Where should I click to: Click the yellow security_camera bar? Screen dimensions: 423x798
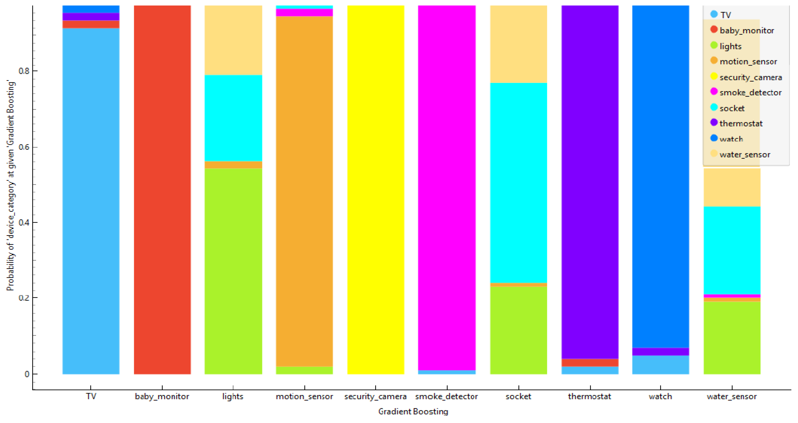pyautogui.click(x=376, y=189)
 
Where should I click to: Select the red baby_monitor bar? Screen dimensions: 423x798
pyautogui.click(x=162, y=189)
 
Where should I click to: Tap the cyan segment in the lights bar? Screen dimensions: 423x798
pyautogui.click(x=233, y=118)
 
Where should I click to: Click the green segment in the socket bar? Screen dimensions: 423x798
pyautogui.click(x=518, y=330)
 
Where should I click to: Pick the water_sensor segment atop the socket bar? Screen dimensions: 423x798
pyautogui.click(x=518, y=44)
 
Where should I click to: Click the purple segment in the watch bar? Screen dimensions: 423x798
pyautogui.click(x=660, y=351)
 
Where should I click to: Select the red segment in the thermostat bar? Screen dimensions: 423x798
pyautogui.click(x=590, y=362)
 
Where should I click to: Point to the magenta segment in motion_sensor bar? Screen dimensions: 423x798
pyautogui.click(x=304, y=12)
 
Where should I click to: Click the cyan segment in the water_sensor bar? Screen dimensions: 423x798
pyautogui.click(x=732, y=250)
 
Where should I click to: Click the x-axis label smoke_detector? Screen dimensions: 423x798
pyautogui.click(x=446, y=396)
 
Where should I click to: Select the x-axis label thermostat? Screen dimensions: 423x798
pyautogui.click(x=590, y=396)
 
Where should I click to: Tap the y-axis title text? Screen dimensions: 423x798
pyautogui.click(x=11, y=186)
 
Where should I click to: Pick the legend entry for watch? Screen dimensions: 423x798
pyautogui.click(x=731, y=139)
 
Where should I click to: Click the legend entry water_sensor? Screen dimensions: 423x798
pyautogui.click(x=744, y=154)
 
